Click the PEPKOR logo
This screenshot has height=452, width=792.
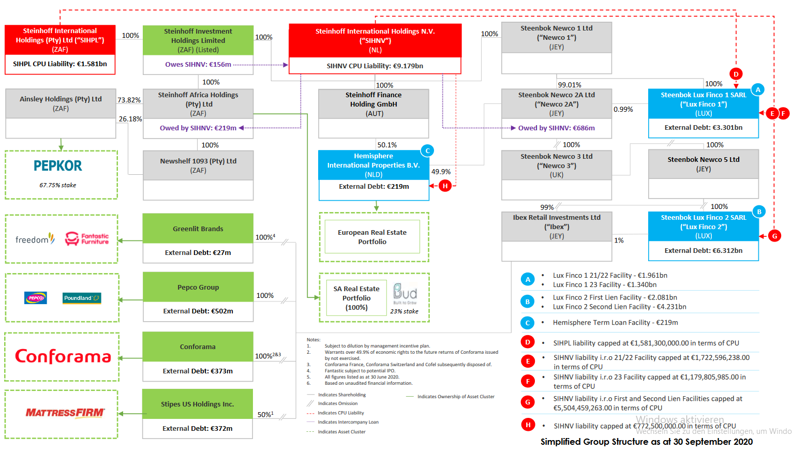(x=58, y=166)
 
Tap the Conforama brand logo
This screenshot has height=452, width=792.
(x=63, y=356)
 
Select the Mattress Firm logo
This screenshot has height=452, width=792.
(x=65, y=413)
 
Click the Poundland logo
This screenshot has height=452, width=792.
(x=82, y=298)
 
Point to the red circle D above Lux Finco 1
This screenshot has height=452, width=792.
(x=736, y=74)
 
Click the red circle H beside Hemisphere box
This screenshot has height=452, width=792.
(x=445, y=186)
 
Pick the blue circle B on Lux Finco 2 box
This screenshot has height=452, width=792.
(x=759, y=212)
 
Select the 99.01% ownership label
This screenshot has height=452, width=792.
(x=569, y=85)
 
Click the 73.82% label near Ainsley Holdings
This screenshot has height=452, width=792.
(x=129, y=100)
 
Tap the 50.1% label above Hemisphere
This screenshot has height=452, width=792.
(x=387, y=145)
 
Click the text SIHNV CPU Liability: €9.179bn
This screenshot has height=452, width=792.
(x=375, y=66)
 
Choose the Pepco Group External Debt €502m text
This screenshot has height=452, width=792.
(x=198, y=311)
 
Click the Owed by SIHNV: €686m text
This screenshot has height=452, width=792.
(x=556, y=128)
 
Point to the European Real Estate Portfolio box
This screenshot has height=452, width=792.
(x=372, y=237)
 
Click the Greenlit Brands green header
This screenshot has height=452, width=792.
(x=198, y=229)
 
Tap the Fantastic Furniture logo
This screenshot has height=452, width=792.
(x=87, y=239)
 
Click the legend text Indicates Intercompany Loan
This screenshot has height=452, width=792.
(x=348, y=423)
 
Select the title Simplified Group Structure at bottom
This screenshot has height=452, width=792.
(x=646, y=442)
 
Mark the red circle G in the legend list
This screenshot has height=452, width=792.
(x=528, y=402)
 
